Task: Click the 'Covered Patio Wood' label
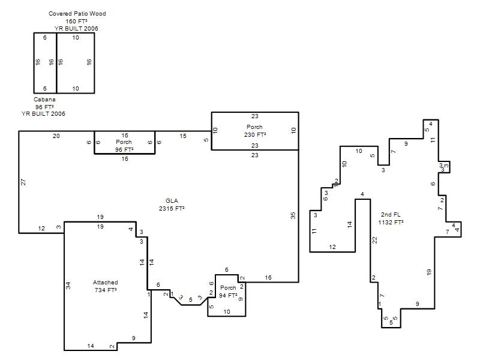[x=77, y=13]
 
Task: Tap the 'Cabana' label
[x=44, y=100]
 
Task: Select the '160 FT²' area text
[x=76, y=21]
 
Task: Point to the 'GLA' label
[x=172, y=201]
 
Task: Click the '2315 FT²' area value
[x=172, y=208]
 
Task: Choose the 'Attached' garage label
[x=106, y=282]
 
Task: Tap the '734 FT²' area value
[x=106, y=290]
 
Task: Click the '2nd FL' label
[x=391, y=215]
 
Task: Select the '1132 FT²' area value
[x=391, y=222]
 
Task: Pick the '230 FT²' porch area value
[x=255, y=134]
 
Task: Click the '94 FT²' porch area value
[x=228, y=295]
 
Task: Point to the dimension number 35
[x=293, y=215]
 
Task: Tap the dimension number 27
[x=23, y=182]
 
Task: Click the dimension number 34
[x=68, y=286]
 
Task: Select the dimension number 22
[x=374, y=241]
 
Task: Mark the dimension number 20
[x=56, y=136]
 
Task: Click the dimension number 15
[x=183, y=136]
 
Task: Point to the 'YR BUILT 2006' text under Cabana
[x=43, y=114]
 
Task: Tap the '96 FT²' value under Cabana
[x=44, y=107]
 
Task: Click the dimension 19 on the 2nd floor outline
[x=428, y=272]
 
